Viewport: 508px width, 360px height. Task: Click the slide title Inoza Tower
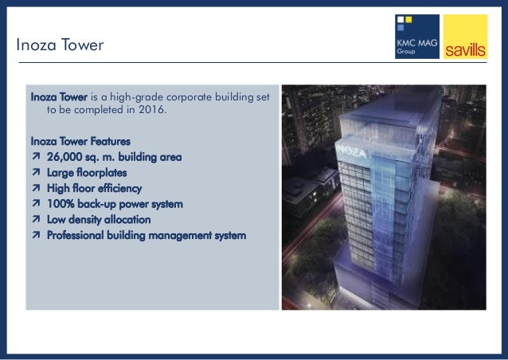tap(60, 46)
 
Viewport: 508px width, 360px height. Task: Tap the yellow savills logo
tap(464, 37)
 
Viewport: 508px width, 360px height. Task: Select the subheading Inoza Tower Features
tap(80, 141)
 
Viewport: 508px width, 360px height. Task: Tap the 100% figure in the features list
tap(61, 204)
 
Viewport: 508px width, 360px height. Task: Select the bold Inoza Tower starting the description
tap(58, 97)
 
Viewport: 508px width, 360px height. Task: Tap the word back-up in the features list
tap(98, 204)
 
